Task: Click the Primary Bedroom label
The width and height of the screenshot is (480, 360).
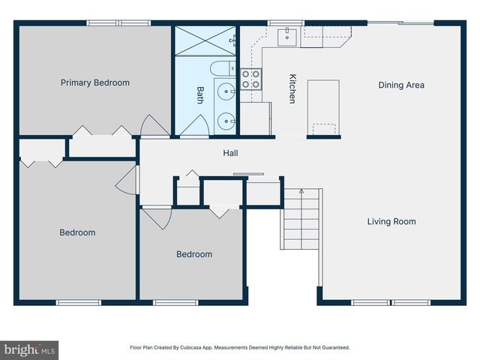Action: click(x=95, y=82)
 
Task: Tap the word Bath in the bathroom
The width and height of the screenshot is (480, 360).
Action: click(x=200, y=94)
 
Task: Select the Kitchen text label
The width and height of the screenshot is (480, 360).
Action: click(x=292, y=88)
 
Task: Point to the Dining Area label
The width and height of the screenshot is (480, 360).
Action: click(x=400, y=85)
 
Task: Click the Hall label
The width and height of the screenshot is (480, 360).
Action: click(x=230, y=153)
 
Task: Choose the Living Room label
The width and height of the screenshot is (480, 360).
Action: click(x=391, y=221)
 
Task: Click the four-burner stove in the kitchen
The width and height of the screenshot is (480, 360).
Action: click(x=250, y=79)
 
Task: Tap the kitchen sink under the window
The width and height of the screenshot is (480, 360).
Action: click(x=287, y=36)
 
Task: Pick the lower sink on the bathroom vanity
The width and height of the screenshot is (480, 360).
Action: click(x=224, y=120)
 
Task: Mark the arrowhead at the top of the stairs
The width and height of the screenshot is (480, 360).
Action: click(x=301, y=192)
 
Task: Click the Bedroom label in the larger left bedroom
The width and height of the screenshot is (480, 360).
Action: click(x=77, y=232)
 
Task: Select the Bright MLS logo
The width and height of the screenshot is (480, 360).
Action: click(x=29, y=349)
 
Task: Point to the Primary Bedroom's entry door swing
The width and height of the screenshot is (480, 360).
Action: click(x=154, y=125)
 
